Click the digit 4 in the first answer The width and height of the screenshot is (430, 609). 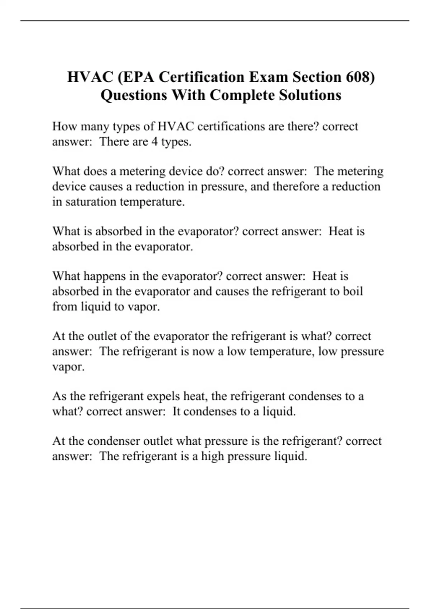coord(154,142)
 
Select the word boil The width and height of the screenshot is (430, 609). coord(353,291)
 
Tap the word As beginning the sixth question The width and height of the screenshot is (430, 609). coord(59,396)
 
